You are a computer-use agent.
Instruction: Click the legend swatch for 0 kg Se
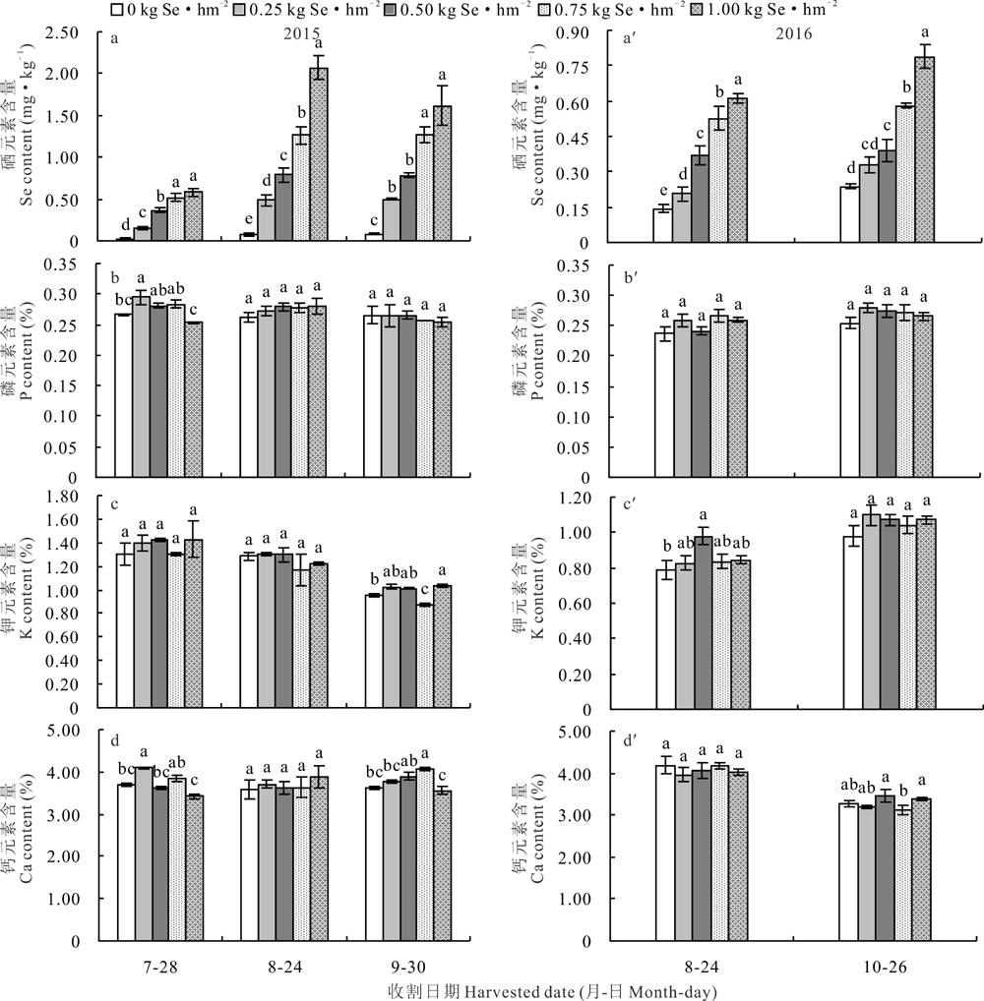pos(117,11)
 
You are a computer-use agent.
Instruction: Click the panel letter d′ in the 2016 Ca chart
pos(631,739)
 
